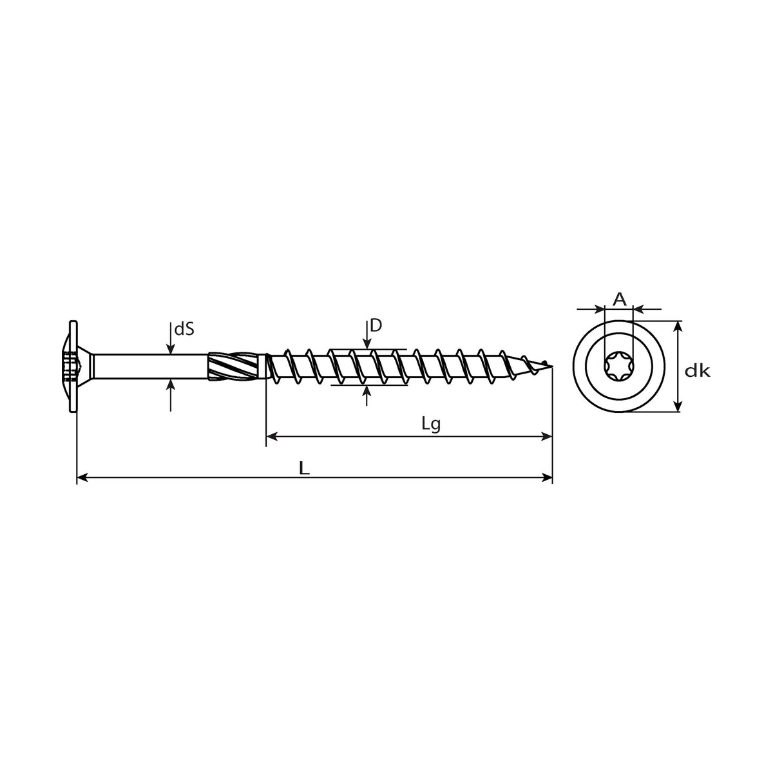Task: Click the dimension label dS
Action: [x=184, y=329]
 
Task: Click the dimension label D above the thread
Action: [x=376, y=326]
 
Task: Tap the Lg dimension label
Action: [x=431, y=424]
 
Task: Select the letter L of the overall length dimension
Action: [x=305, y=468]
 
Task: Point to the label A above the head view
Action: [x=619, y=299]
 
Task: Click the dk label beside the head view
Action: [x=697, y=371]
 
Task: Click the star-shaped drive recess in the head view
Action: [x=618, y=367]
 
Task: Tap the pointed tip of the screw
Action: [x=552, y=367]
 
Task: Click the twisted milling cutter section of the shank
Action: [x=236, y=366]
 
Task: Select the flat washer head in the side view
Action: [x=73, y=367]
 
